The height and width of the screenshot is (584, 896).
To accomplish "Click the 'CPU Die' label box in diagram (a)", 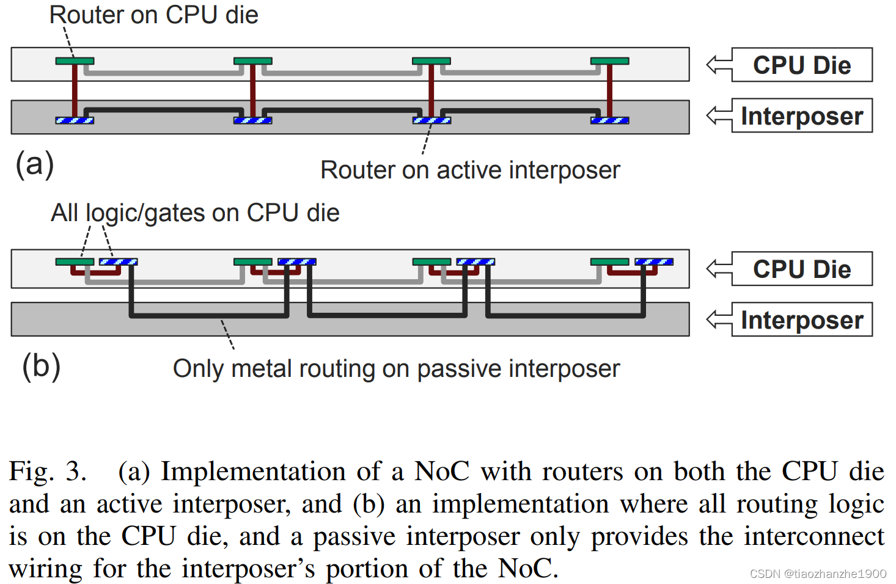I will point(801,65).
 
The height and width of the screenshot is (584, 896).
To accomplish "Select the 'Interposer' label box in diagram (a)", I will point(801,115).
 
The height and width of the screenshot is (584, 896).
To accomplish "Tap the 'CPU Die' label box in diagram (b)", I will point(801,269).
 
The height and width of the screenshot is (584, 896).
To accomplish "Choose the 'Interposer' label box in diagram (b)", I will point(801,319).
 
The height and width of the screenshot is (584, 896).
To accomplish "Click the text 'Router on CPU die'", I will point(153,15).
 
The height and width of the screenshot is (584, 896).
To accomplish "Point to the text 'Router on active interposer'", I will point(469,170).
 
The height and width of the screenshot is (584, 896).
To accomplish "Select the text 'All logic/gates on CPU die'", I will point(194,213).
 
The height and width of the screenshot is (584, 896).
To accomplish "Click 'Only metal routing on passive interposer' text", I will point(396,368).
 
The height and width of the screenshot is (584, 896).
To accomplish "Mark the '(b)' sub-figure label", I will point(41,366).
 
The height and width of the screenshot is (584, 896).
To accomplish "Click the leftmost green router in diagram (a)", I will point(75,61).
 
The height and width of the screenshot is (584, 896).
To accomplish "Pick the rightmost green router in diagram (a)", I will point(609,61).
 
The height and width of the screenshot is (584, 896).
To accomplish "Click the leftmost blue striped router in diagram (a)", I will point(75,120).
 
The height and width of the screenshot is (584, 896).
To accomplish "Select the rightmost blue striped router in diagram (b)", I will point(653,262).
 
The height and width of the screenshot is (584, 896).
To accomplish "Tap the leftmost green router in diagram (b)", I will point(75,262).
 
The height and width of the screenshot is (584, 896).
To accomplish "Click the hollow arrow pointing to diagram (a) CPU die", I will point(719,65).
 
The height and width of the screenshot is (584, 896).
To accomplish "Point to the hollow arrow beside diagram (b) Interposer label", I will point(719,319).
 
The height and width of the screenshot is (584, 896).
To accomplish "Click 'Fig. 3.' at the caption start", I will point(48,472).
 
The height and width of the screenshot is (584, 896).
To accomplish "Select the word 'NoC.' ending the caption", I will point(528,568).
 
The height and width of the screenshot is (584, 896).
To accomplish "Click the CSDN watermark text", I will point(817,574).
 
